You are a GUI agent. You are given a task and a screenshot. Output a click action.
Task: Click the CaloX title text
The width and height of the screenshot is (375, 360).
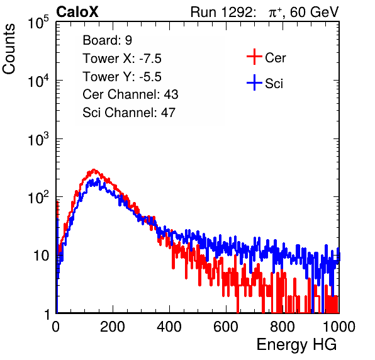[77, 12]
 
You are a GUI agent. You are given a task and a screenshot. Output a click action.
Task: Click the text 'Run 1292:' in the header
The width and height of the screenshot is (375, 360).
[221, 12]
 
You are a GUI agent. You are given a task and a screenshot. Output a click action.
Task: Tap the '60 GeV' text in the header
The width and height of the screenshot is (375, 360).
[314, 12]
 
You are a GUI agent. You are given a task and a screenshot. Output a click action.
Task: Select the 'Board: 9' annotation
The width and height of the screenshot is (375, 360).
[107, 40]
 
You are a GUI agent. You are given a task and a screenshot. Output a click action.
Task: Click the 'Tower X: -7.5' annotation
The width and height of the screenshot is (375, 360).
[122, 59]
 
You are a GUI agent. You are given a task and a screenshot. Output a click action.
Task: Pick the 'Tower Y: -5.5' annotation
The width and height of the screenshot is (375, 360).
[122, 77]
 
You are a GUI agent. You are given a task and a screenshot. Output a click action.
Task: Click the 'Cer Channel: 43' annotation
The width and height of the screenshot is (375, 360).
[130, 94]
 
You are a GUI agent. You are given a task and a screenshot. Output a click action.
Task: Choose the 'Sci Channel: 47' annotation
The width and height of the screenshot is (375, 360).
[129, 113]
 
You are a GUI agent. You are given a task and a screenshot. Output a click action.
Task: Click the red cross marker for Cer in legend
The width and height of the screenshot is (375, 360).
[254, 57]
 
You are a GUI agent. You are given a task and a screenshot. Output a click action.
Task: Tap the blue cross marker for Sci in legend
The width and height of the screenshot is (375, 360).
[254, 82]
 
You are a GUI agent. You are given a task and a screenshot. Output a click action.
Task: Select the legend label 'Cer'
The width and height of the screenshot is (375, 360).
[275, 58]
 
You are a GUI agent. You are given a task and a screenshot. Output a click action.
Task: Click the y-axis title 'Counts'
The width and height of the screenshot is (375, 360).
[9, 49]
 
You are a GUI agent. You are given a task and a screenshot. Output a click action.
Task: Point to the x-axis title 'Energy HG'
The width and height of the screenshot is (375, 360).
[296, 345]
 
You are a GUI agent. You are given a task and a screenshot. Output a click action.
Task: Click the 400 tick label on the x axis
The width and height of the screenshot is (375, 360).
[169, 327]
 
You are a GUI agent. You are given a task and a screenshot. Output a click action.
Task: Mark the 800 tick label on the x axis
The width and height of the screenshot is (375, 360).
[283, 327]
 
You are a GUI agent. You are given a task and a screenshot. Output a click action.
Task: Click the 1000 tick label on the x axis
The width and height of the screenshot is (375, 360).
[339, 327]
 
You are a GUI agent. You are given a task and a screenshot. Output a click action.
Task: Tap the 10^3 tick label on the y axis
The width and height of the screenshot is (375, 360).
[38, 139]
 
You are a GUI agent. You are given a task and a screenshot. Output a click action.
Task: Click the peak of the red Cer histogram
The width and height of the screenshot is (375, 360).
[94, 169]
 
